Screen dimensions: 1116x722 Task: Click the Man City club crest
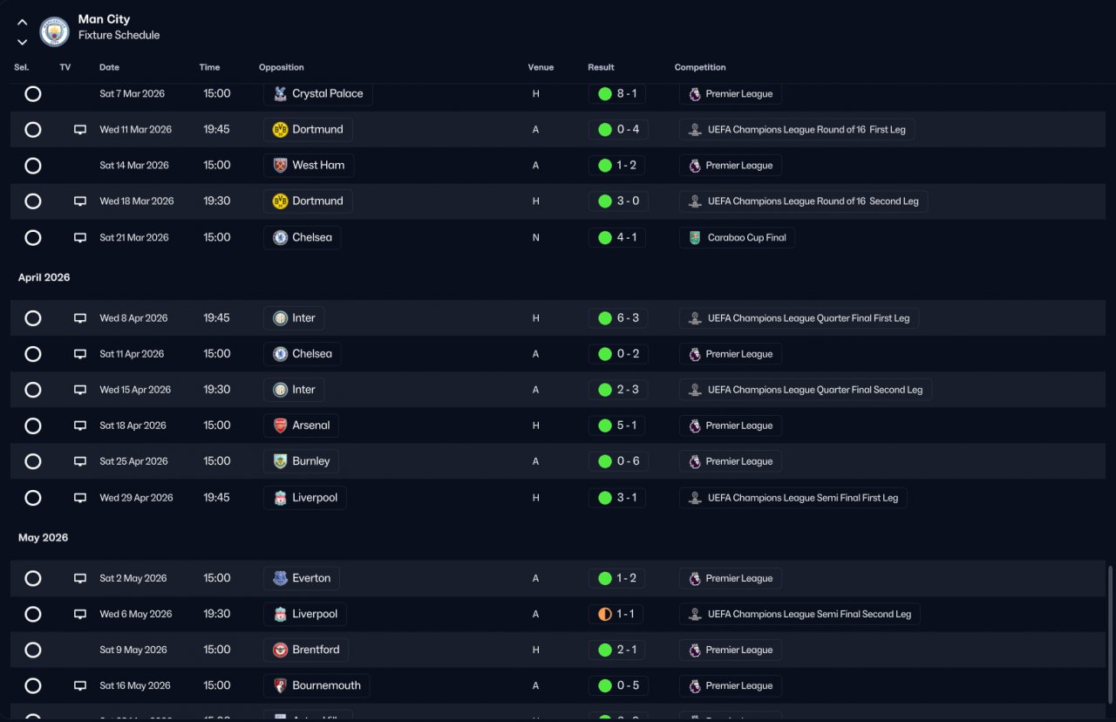click(x=54, y=32)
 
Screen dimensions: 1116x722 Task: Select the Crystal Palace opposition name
click(x=327, y=93)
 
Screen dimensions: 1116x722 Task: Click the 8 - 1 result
click(x=627, y=93)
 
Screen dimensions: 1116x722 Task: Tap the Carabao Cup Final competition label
click(x=747, y=238)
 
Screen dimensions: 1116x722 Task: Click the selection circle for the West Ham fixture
click(x=33, y=166)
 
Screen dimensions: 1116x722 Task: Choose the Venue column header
click(x=541, y=67)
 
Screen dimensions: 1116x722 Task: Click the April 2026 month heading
click(x=44, y=277)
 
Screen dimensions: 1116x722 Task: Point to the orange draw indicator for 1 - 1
click(x=605, y=614)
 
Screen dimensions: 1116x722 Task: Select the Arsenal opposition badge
click(x=280, y=426)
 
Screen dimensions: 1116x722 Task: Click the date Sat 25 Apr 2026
click(x=133, y=461)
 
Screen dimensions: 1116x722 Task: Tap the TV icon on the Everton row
click(x=79, y=578)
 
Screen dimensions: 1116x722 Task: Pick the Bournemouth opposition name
click(x=326, y=685)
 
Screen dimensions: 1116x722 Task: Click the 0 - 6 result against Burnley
click(x=628, y=461)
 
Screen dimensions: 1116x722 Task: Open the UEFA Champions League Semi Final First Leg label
click(x=803, y=498)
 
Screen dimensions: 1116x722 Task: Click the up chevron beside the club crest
click(x=22, y=23)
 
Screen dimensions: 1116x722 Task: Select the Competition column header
click(x=700, y=67)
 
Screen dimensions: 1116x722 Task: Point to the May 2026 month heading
click(x=44, y=538)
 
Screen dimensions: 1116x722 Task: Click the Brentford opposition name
click(x=316, y=650)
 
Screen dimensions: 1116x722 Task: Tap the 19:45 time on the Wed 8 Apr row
click(x=216, y=318)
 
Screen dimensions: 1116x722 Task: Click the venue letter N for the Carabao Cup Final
click(x=535, y=238)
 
